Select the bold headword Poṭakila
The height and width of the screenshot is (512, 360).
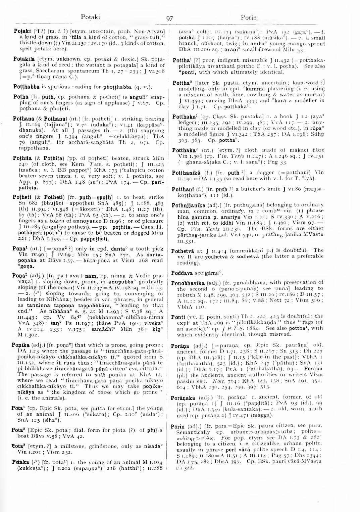tap(23, 59)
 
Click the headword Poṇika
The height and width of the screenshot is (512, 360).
tap(20, 345)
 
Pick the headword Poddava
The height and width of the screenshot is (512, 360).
tap(181, 273)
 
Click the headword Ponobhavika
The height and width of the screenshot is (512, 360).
tap(188, 283)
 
